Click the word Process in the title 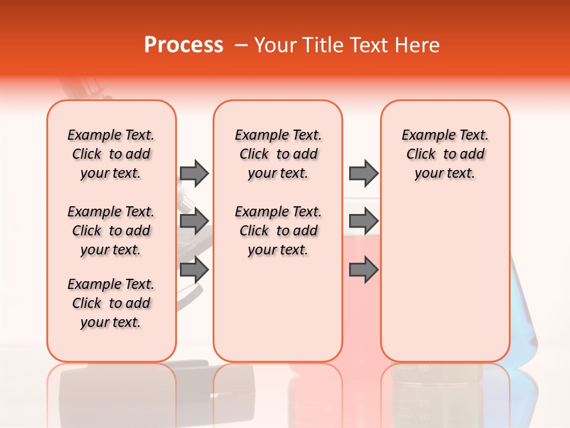183,45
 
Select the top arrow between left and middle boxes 194,173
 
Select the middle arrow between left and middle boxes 194,221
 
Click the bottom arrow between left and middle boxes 194,270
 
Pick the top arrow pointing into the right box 363,173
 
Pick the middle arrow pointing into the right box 363,221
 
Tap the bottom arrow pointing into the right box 363,270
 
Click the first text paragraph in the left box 111,154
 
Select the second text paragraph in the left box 111,231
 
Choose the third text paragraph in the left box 111,303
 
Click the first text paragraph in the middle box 278,154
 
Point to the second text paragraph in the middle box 278,231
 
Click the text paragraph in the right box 445,154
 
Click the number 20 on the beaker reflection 423,369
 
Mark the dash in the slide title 240,45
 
